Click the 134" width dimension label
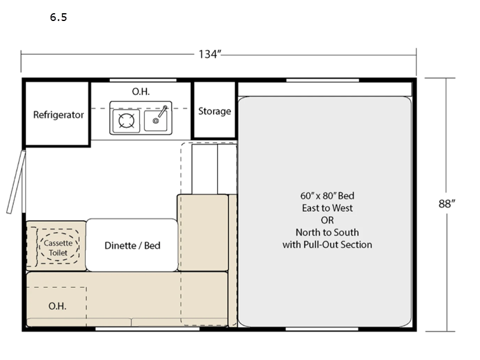(210, 54)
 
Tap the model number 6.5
(58, 17)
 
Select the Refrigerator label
(58, 115)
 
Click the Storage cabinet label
(214, 111)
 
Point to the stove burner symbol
(125, 121)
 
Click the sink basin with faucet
(157, 120)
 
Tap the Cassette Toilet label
(58, 248)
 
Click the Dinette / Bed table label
(132, 245)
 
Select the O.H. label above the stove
(140, 91)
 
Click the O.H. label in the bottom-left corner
(58, 306)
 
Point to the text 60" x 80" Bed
(327, 196)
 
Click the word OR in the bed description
(327, 220)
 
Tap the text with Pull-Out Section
(327, 244)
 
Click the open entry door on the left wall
(16, 182)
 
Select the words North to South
(327, 232)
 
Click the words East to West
(327, 208)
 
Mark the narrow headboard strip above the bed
(325, 89)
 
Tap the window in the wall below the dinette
(147, 329)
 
